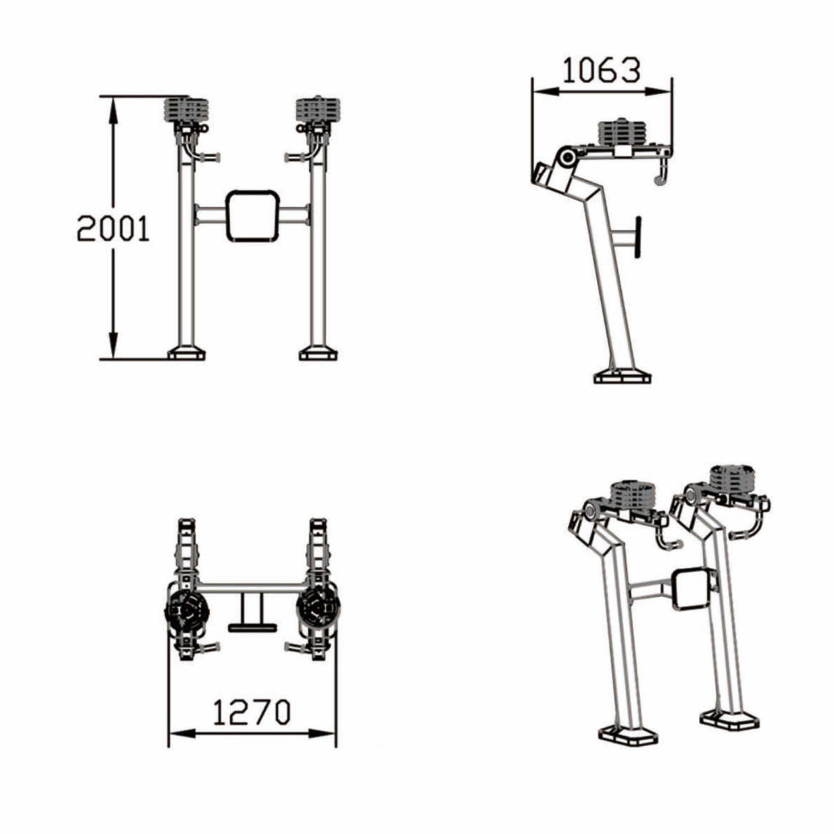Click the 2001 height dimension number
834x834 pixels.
(113, 229)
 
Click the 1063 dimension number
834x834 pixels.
(602, 71)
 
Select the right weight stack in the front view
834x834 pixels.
(318, 110)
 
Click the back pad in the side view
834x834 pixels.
(638, 238)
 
